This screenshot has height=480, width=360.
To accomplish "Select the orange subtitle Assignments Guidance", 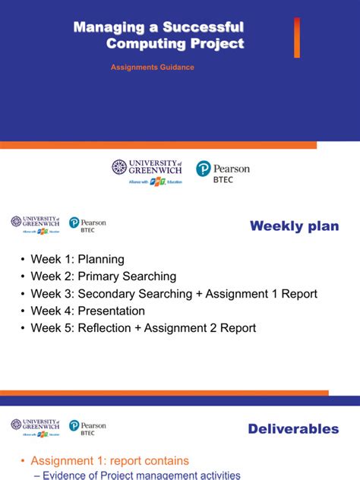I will click(x=152, y=68).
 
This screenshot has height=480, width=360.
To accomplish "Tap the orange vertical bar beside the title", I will click(x=297, y=38).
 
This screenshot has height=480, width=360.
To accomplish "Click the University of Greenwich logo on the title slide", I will click(x=147, y=172).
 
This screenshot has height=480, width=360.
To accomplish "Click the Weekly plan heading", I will click(x=294, y=226).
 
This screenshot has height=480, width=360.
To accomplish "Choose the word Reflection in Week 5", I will click(x=105, y=328).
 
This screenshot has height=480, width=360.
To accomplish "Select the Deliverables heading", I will click(x=293, y=429).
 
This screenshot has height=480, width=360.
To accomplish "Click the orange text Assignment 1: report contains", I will click(x=109, y=461).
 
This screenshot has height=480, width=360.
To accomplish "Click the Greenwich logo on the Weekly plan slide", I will click(x=36, y=225).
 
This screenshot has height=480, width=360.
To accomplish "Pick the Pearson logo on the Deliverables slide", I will click(x=87, y=426).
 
